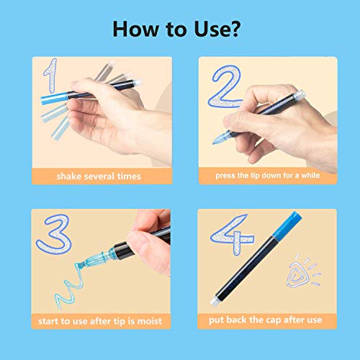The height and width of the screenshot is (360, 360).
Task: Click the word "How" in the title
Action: (135, 30)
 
